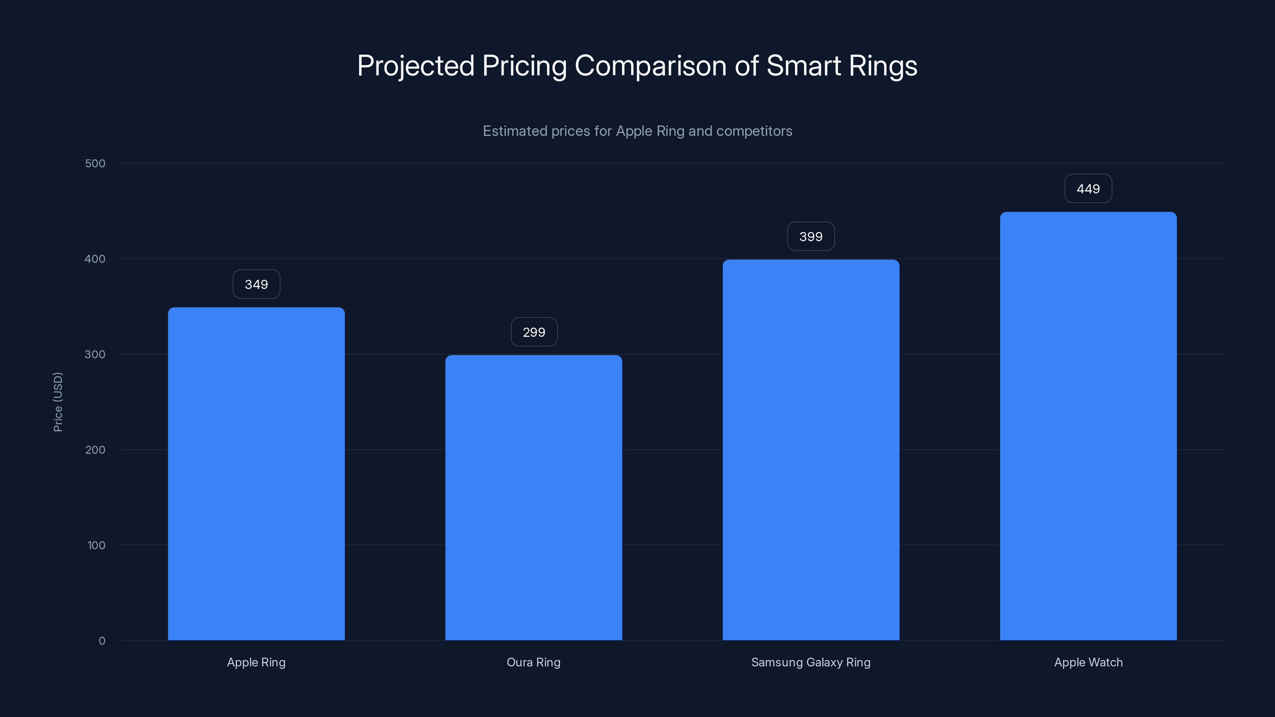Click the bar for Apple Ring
point(256,474)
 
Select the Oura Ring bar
point(534,497)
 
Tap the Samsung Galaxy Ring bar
point(811,450)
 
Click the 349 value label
point(256,284)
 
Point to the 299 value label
point(534,332)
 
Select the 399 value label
point(811,237)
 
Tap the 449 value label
point(1088,188)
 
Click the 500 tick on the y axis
point(95,163)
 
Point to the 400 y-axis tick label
point(95,259)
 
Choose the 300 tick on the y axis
point(95,354)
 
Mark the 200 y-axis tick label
point(95,450)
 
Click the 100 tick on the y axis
point(96,545)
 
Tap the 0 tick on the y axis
point(102,641)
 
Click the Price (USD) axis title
point(58,402)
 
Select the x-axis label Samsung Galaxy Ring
point(811,662)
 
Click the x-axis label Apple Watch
point(1088,662)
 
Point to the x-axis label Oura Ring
point(534,662)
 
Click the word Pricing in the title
point(524,66)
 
